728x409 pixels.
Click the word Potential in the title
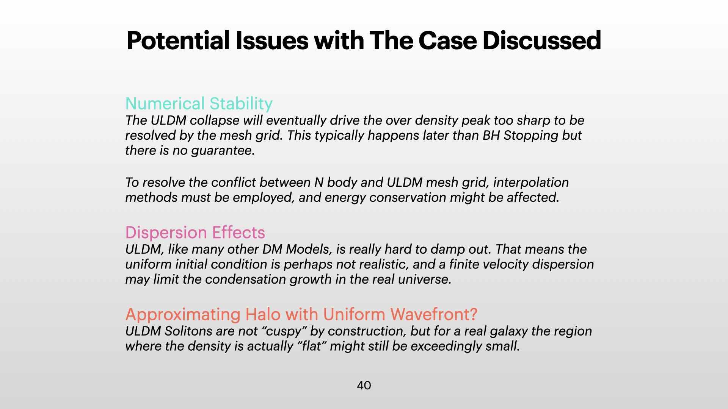(178, 41)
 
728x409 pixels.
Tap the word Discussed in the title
(542, 41)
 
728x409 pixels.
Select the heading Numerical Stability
(199, 103)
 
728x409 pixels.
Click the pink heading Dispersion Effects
(195, 233)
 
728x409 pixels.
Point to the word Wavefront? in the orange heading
(434, 314)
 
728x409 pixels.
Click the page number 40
(364, 386)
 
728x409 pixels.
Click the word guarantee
(223, 151)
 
